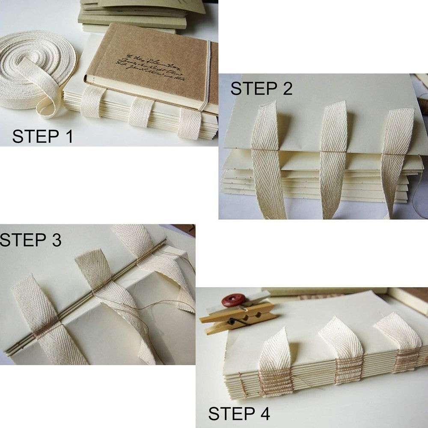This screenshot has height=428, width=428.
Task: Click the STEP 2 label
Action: pos(262,89)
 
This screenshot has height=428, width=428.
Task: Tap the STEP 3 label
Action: pos(30,240)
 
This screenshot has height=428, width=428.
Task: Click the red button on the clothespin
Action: pos(233,299)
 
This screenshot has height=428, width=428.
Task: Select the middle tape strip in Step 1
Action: pos(141,112)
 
